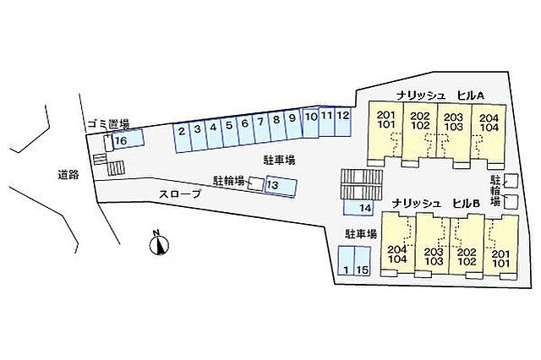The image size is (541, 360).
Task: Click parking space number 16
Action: tap(128, 139)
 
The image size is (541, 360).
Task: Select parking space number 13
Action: tap(281, 187)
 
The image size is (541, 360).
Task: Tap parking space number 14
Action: tap(358, 208)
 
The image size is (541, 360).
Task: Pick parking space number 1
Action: tap(346, 260)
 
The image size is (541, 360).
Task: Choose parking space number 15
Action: tap(363, 260)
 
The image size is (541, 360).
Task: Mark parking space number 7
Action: tap(261, 128)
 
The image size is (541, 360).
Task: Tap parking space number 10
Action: tap(310, 123)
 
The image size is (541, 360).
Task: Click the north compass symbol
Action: tap(159, 245)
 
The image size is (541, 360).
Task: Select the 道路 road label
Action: tap(68, 175)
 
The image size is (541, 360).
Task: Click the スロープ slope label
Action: tap(180, 194)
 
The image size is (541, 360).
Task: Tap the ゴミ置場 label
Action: tap(108, 123)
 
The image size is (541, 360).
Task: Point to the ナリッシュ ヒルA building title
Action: tap(440, 95)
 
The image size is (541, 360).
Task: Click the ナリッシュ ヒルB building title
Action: tap(436, 204)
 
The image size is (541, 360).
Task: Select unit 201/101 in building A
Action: tap(385, 132)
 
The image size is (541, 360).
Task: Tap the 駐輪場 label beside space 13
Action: tap(229, 181)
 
